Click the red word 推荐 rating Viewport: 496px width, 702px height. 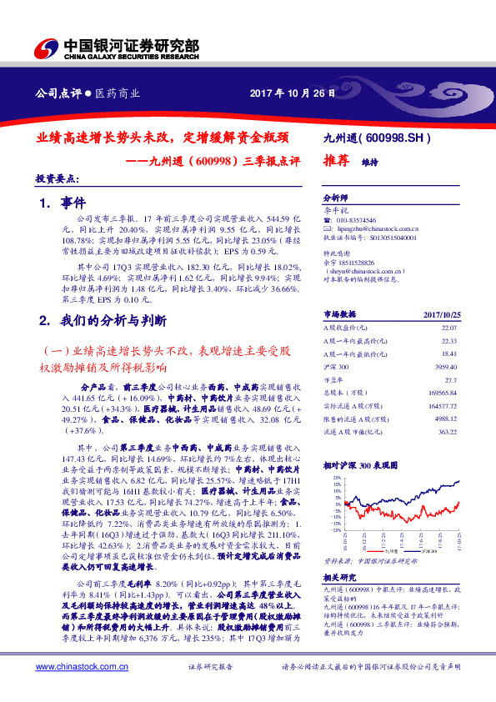coord(334,163)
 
